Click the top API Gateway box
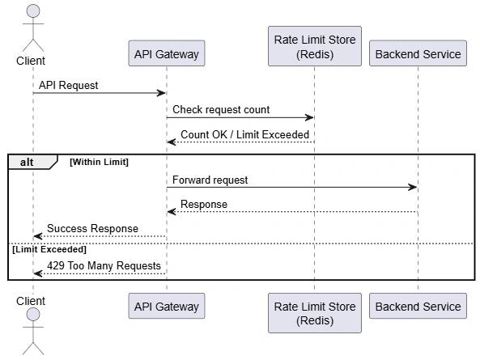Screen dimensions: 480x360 tap(167, 53)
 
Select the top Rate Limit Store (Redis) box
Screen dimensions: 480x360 tap(315, 46)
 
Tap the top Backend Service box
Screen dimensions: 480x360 tap(418, 53)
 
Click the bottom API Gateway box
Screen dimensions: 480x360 tap(167, 306)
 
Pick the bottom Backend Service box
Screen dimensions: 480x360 tap(418, 306)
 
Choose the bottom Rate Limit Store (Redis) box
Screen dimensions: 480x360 tap(315, 313)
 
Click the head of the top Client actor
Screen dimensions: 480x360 tap(33, 11)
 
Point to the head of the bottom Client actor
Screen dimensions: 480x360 tap(33, 314)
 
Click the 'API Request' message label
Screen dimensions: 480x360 tap(68, 85)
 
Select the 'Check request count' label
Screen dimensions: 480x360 tap(221, 109)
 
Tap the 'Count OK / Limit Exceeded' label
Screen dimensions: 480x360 tap(245, 134)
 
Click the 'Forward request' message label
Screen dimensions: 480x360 tap(210, 180)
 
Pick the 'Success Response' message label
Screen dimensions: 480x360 tap(92, 228)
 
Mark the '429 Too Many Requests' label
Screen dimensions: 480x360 tap(104, 265)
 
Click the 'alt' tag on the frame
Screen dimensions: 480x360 tap(27, 162)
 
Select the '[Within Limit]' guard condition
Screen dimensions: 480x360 tap(100, 162)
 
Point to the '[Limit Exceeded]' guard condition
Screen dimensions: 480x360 tap(49, 249)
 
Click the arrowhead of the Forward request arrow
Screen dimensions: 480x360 tap(414, 187)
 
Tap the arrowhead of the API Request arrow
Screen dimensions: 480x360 tap(161, 93)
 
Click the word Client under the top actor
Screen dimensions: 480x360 tap(31, 61)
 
